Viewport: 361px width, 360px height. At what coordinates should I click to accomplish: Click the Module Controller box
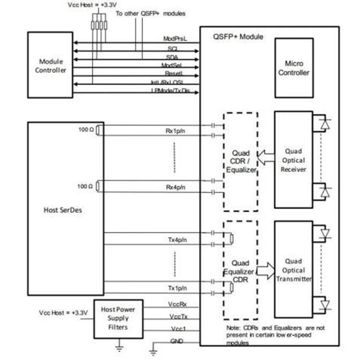click(50, 65)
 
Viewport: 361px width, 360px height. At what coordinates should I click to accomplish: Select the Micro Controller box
click(294, 68)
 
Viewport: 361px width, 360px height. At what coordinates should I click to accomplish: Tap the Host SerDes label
click(63, 210)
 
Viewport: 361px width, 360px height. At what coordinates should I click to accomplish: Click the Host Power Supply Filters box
click(118, 318)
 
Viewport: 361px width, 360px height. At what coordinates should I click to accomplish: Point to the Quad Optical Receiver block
click(293, 160)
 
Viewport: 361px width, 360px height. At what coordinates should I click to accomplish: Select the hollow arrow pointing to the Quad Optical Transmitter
click(266, 271)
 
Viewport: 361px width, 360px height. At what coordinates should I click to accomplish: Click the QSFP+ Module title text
click(238, 36)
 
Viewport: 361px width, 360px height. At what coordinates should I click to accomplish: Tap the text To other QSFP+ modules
click(150, 13)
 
